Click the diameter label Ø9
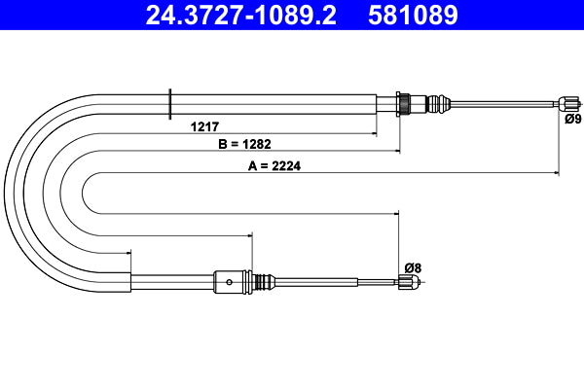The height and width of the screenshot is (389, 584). coord(572,120)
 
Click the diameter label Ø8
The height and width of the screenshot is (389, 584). coord(411,267)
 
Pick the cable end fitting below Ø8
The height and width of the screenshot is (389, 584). coord(408,283)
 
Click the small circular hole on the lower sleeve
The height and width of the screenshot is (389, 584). coord(229,283)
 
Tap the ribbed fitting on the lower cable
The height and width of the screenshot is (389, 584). coord(259,282)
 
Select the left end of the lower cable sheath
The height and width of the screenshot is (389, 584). coord(131,282)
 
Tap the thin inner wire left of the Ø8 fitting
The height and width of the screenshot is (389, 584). coord(375,282)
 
